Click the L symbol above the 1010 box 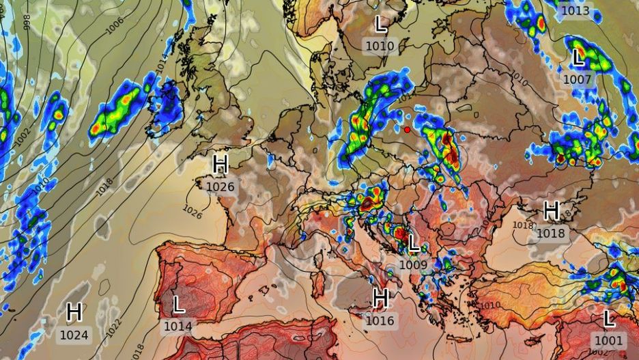tap(381, 25)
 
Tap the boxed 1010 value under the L tap(380, 46)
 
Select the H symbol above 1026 tap(220, 164)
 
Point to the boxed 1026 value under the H tap(220, 186)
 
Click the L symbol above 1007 tap(578, 57)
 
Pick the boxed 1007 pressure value tap(577, 79)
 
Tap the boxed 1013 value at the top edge tap(575, 10)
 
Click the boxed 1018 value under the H tap(550, 233)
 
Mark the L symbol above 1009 tap(414, 243)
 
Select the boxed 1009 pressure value tap(413, 264)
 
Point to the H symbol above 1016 tap(381, 297)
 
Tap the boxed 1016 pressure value tap(380, 320)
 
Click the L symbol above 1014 tap(178, 304)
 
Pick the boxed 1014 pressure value tap(177, 327)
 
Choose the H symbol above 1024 tap(74, 312)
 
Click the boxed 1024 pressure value tap(74, 335)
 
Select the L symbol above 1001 tap(609, 318)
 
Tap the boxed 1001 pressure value tap(608, 340)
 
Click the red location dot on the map tap(408, 129)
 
